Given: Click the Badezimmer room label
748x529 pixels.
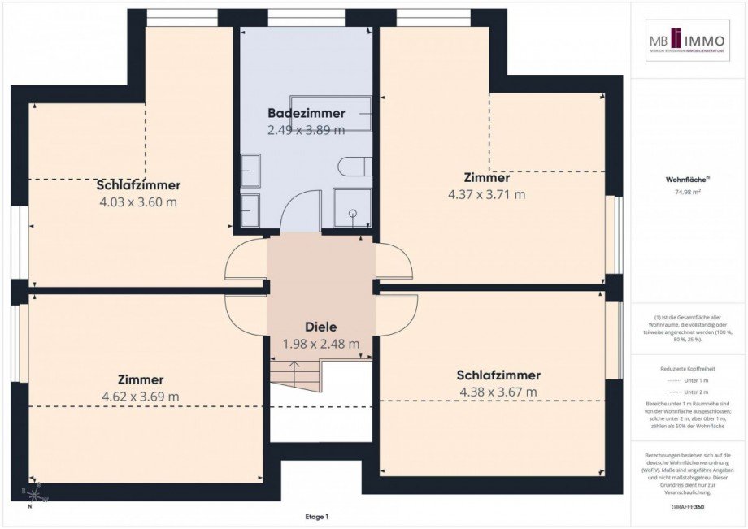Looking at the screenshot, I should (x=306, y=113).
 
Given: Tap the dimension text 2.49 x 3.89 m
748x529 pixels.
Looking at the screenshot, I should (x=306, y=129).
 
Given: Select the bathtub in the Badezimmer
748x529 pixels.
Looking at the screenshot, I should (x=342, y=113).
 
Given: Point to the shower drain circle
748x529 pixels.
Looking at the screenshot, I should (x=353, y=213).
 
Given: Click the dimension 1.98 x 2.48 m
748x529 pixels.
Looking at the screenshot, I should (x=320, y=344).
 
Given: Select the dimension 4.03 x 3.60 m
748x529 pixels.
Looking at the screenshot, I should (x=137, y=202).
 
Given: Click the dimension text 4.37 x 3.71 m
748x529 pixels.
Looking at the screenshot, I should (x=486, y=194).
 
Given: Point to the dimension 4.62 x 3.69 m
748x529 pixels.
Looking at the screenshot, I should (x=140, y=397).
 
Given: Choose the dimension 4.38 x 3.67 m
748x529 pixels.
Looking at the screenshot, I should (x=498, y=392).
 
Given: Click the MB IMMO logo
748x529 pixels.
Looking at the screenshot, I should (x=688, y=41).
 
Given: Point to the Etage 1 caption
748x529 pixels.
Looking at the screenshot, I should (x=316, y=517).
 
